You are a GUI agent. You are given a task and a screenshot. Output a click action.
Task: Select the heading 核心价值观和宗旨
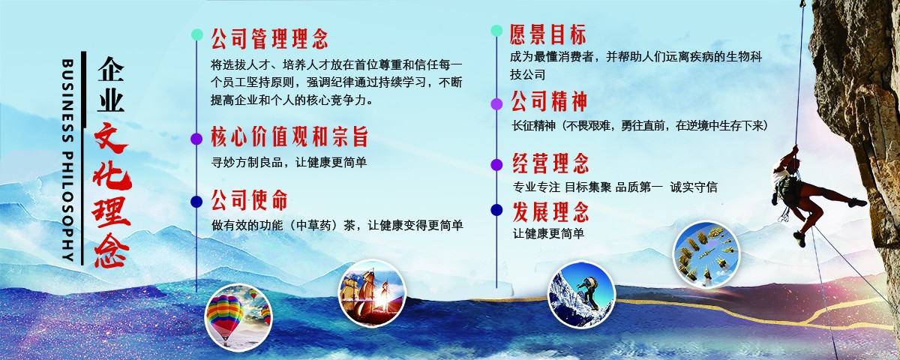[289, 137]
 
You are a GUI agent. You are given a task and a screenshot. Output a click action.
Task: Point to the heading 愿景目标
[548, 34]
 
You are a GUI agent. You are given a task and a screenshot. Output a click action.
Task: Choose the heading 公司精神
[549, 101]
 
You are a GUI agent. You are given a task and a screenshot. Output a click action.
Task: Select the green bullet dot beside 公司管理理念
[196, 34]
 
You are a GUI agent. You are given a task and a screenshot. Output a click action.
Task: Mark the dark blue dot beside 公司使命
[196, 201]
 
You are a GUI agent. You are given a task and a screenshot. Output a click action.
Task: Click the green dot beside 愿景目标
[496, 31]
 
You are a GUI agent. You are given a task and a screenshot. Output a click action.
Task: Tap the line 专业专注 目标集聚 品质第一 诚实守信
[615, 187]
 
